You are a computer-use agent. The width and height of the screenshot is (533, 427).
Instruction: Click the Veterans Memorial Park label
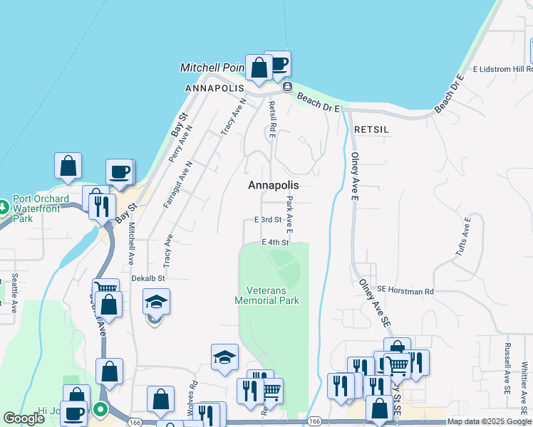[267, 295]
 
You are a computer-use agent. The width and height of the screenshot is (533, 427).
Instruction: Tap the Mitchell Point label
[212, 68]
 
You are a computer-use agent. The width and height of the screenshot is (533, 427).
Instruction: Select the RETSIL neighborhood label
[371, 130]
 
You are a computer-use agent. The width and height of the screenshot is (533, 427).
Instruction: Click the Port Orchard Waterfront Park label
[41, 209]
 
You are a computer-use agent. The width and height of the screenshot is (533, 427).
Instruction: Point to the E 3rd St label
[269, 220]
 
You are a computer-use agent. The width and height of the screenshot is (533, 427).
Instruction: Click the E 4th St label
[275, 243]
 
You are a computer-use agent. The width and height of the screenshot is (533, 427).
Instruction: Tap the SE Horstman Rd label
[405, 291]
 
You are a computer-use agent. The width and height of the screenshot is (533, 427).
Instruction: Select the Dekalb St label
[148, 278]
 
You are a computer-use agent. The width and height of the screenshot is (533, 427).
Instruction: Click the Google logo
[24, 418]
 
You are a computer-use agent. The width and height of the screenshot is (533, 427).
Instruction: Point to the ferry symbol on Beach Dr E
[286, 87]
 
